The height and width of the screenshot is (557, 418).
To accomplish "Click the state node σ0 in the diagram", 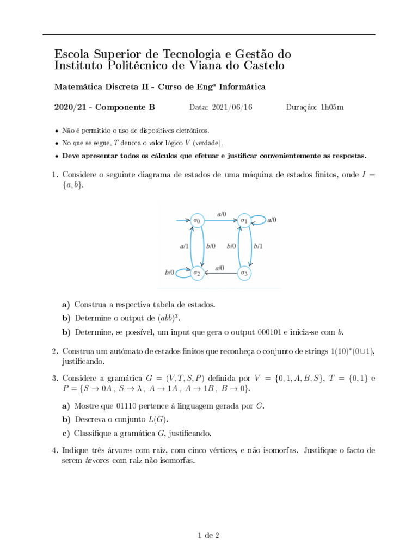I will [x=196, y=221].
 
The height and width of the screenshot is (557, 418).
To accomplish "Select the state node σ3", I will [x=245, y=273].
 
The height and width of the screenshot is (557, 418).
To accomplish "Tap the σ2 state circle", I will [x=196, y=273].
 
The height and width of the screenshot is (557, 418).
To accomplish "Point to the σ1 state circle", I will [x=245, y=221].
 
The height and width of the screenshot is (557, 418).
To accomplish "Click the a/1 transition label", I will [x=184, y=246].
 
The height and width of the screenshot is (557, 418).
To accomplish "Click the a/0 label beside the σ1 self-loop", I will [x=272, y=220].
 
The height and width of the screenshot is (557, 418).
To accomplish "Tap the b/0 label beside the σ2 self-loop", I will [x=170, y=272].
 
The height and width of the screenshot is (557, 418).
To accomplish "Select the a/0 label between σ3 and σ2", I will [x=220, y=268].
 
